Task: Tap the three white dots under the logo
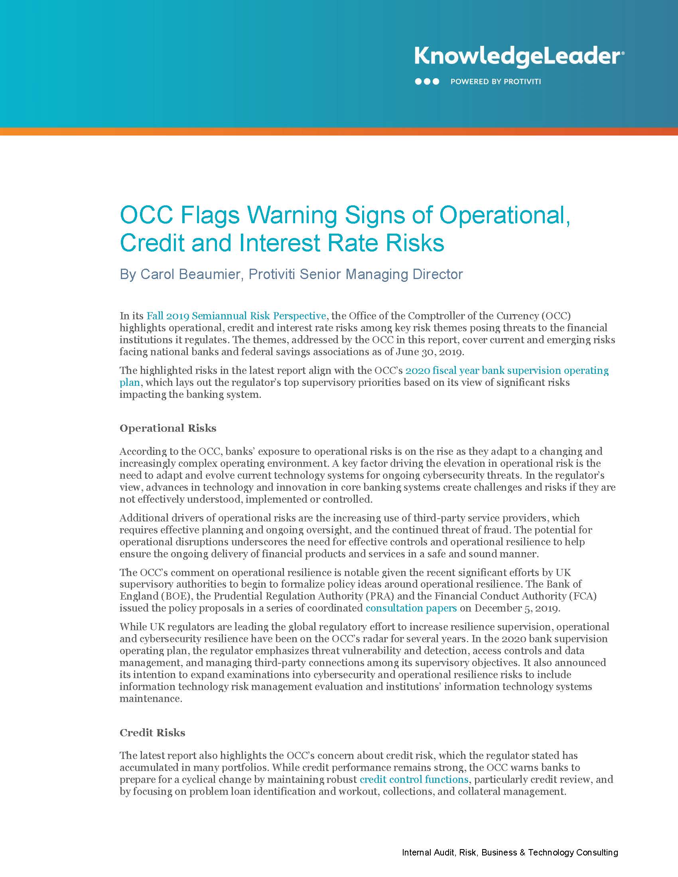pos(427,81)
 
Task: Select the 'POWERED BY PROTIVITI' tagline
pos(496,81)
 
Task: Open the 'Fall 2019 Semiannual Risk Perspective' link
pos(236,316)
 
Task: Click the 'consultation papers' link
pos(411,608)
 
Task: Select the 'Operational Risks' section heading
pos(168,429)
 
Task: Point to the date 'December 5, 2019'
pos(516,608)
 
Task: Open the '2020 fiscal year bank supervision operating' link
pos(507,370)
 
